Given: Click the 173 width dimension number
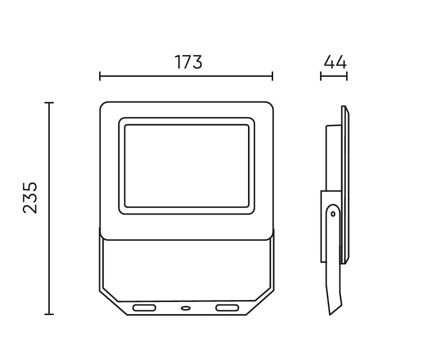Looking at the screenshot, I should [188, 62].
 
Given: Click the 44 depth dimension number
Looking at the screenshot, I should [335, 62].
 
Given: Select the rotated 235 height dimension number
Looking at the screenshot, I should [30, 198].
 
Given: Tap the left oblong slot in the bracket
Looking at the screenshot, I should [145, 307].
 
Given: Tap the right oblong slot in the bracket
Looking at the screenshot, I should [227, 307].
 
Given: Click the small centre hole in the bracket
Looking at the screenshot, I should [186, 307].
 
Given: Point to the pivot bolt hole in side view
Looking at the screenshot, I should [333, 213].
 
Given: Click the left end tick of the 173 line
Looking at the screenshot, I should [100, 76].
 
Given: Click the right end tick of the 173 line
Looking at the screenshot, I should [273, 76].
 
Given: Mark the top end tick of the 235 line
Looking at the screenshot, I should [49, 103].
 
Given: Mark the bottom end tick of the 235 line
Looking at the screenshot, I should [49, 314].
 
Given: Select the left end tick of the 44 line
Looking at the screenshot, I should [321, 76].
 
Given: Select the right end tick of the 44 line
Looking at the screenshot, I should [347, 76].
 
